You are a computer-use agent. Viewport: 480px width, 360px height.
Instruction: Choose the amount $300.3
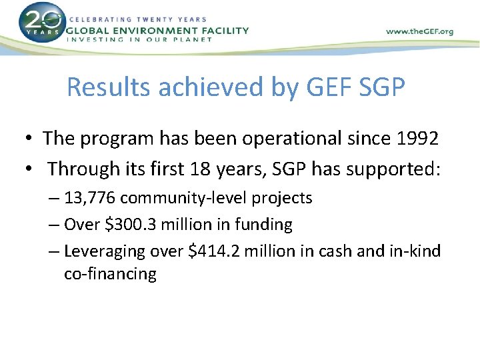click(132, 225)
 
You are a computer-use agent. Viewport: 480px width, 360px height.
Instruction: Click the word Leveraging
click(104, 252)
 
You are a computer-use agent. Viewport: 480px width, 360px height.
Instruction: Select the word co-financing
click(110, 274)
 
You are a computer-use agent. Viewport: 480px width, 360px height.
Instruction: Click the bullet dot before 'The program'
click(31, 139)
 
